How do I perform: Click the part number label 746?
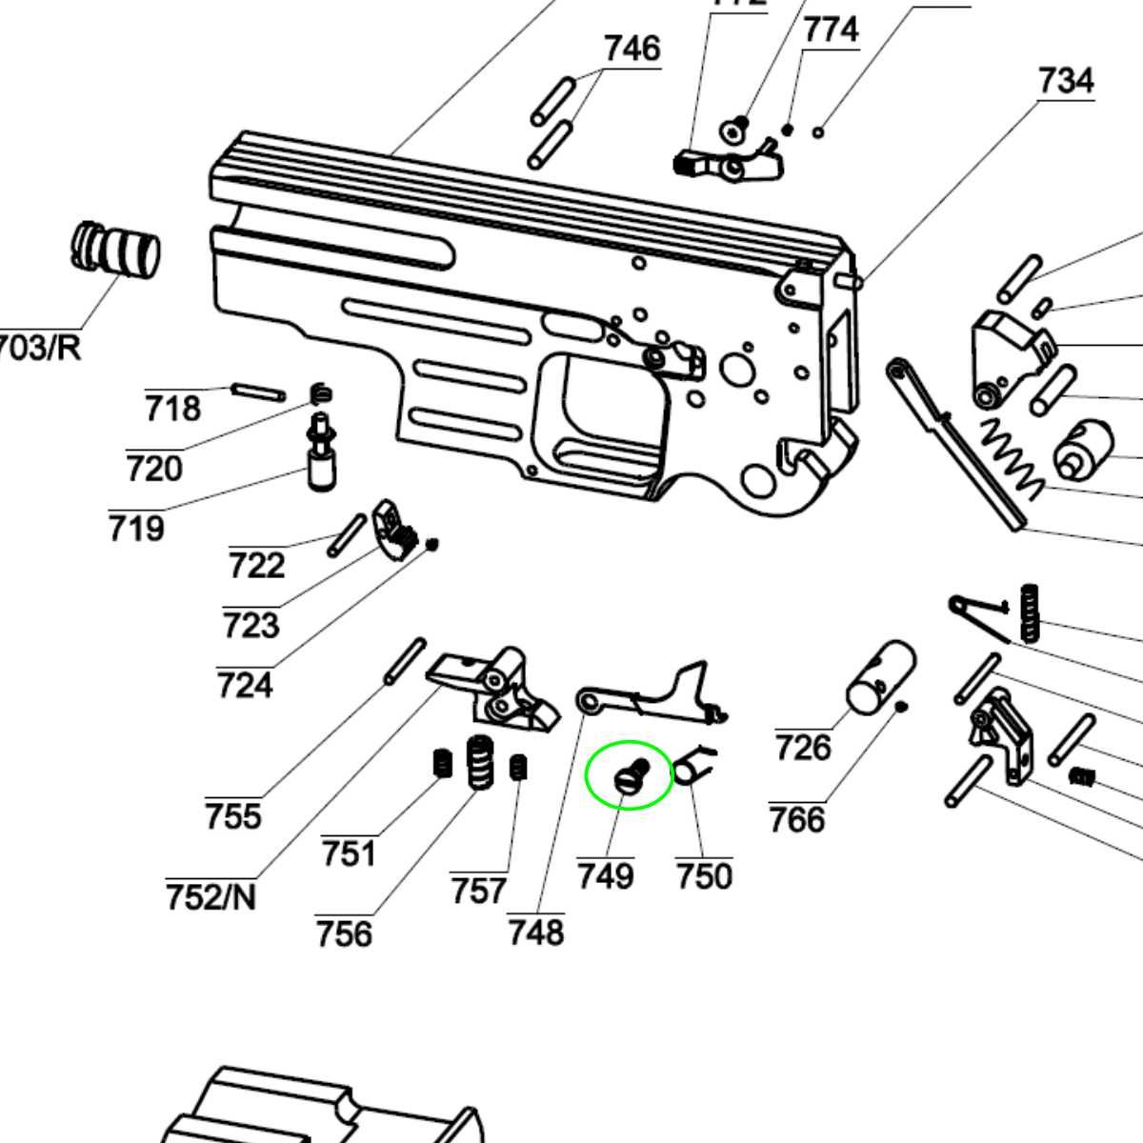coord(632,48)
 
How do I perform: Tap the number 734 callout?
coord(1065,80)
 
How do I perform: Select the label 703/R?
coord(38,347)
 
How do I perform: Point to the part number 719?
coord(136,528)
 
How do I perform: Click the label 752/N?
coord(211,896)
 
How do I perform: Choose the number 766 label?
coord(796,819)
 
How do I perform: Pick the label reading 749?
coord(605,875)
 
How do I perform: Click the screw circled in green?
coord(631,776)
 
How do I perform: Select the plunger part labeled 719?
coord(321,451)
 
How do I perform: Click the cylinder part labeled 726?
coord(881,676)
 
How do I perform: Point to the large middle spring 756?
coord(479,762)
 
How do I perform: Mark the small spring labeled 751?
coord(441,763)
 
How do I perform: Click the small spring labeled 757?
coord(518,767)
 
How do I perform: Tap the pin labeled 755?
coord(404,660)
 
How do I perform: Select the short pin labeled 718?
coord(257,390)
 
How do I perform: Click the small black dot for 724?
coord(432,544)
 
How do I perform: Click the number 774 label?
coord(831,30)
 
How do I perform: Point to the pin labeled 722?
coord(347,534)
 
